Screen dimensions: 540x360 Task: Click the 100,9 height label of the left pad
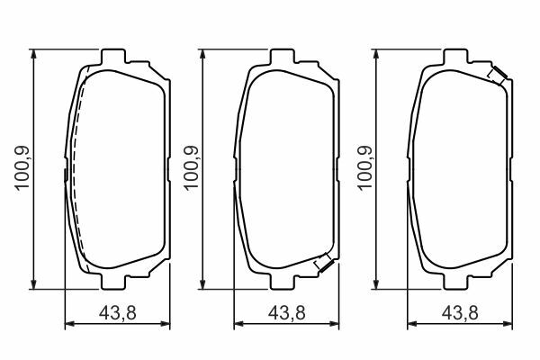click(x=22, y=167)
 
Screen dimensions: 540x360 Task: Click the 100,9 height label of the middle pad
click(x=191, y=167)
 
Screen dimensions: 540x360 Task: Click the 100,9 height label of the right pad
click(x=365, y=167)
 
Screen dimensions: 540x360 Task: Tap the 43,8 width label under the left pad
click(x=118, y=313)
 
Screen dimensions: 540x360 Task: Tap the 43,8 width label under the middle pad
click(x=287, y=313)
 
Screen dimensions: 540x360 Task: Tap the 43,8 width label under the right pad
click(x=460, y=313)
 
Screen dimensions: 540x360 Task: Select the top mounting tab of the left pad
click(x=113, y=57)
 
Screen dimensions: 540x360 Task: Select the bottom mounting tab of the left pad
click(x=113, y=282)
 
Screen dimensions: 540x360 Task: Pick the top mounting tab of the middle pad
click(x=283, y=57)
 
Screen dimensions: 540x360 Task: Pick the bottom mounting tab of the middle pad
click(x=283, y=282)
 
